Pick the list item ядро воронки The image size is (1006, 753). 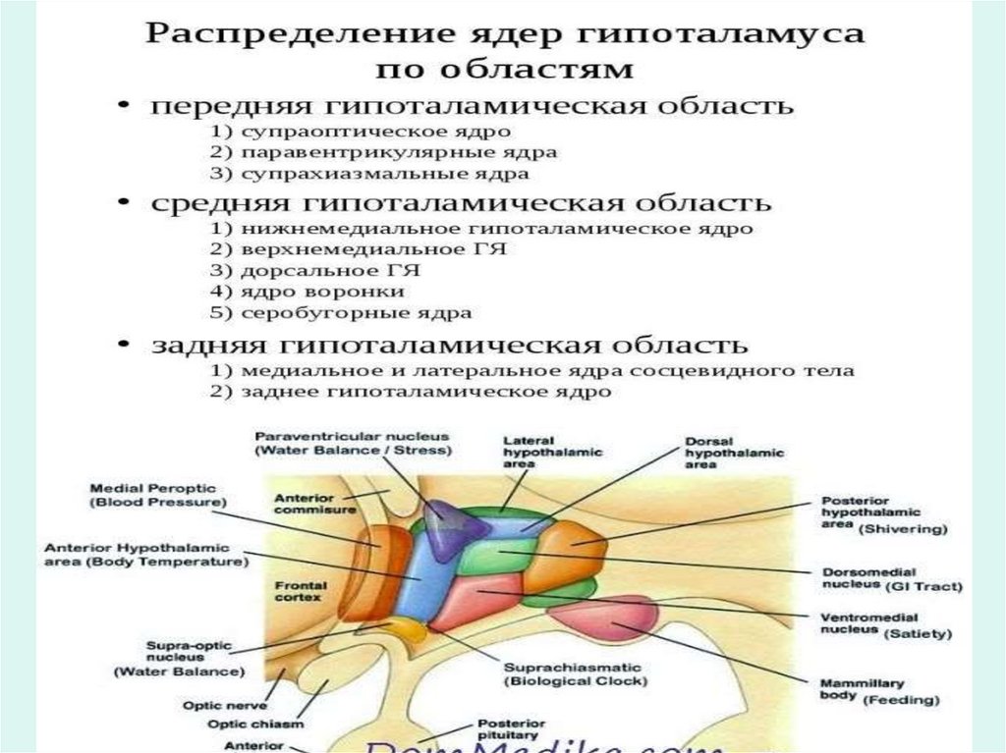click(x=307, y=292)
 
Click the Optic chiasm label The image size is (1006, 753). click(x=241, y=724)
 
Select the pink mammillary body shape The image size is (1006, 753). click(x=603, y=616)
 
